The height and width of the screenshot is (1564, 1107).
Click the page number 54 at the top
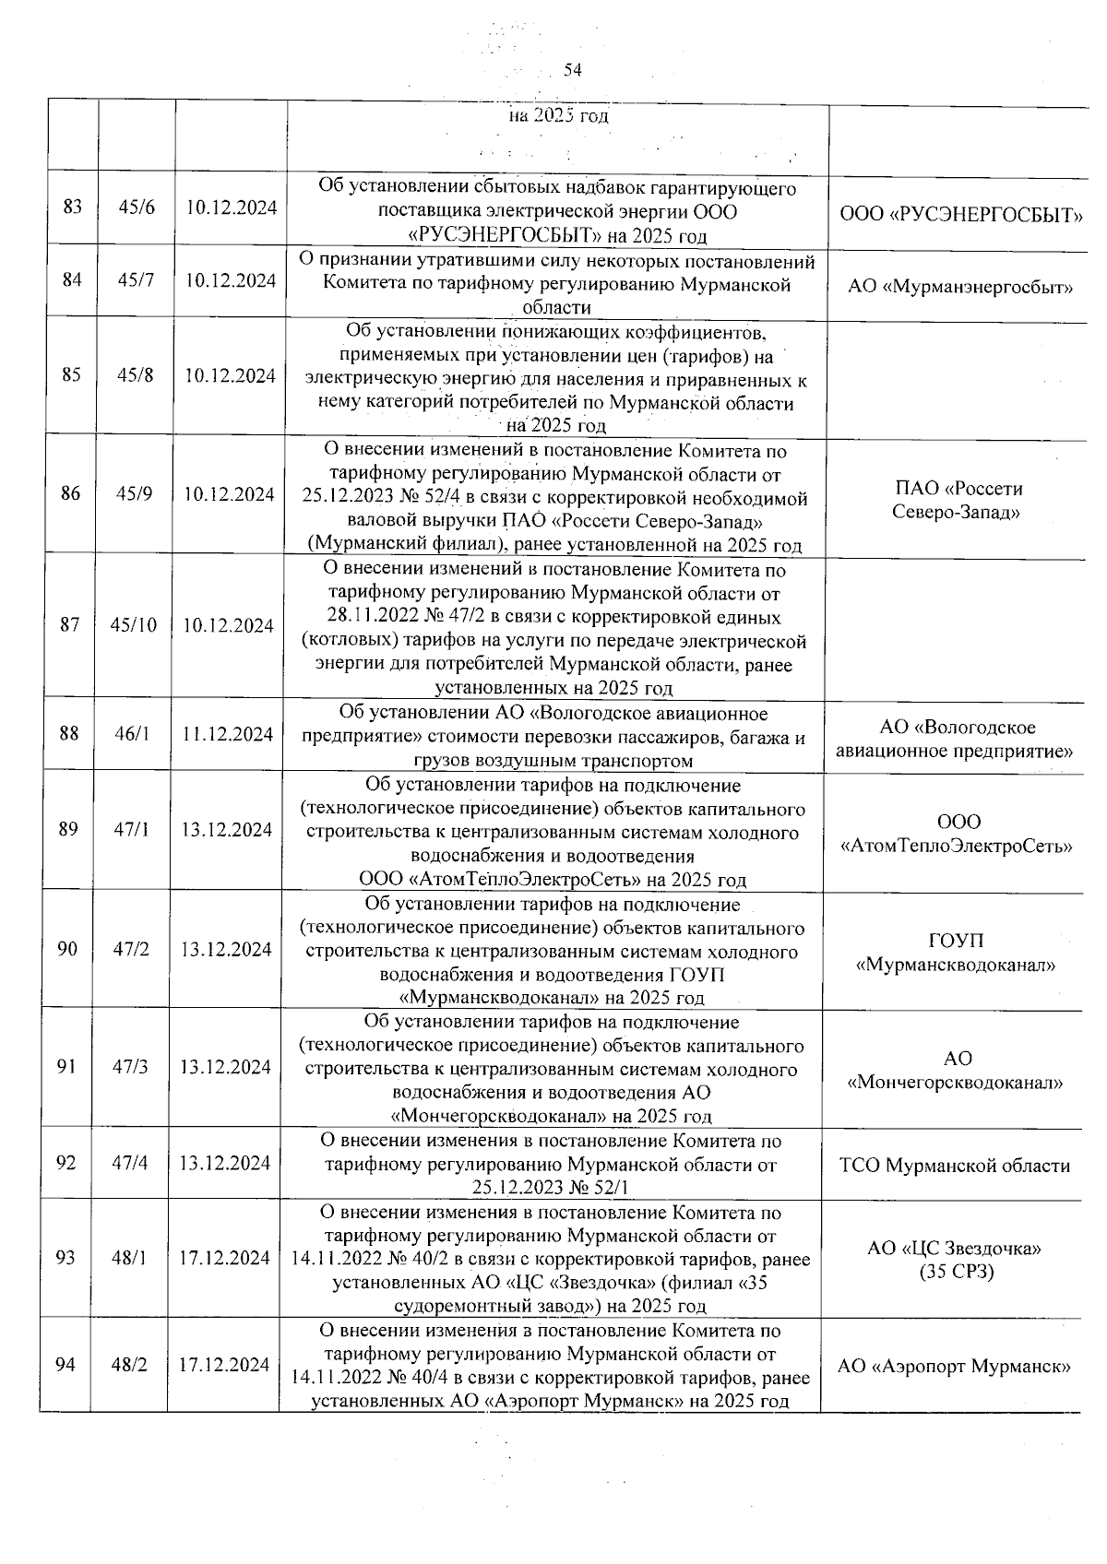coord(573,70)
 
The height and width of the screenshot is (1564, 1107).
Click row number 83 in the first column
coord(72,207)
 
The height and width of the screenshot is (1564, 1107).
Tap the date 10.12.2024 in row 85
coord(230,375)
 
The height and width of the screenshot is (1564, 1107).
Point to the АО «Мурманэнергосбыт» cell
coord(960,287)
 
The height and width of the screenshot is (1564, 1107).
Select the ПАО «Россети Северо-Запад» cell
coord(958,500)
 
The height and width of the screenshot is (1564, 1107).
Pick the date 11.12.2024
coord(228,734)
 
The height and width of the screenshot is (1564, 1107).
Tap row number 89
coord(68,829)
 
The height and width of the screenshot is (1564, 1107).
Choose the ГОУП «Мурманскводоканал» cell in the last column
coord(956,953)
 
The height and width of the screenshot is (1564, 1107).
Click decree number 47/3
coord(131,1067)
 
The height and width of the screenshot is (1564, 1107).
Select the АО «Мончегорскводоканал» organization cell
coord(956,1071)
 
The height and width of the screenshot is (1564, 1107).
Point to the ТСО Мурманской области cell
coord(955,1166)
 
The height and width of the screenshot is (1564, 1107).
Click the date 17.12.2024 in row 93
coord(225,1259)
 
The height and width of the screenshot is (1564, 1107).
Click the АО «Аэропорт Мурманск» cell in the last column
coord(954,1367)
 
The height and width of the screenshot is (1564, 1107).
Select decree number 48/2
coord(129,1366)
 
